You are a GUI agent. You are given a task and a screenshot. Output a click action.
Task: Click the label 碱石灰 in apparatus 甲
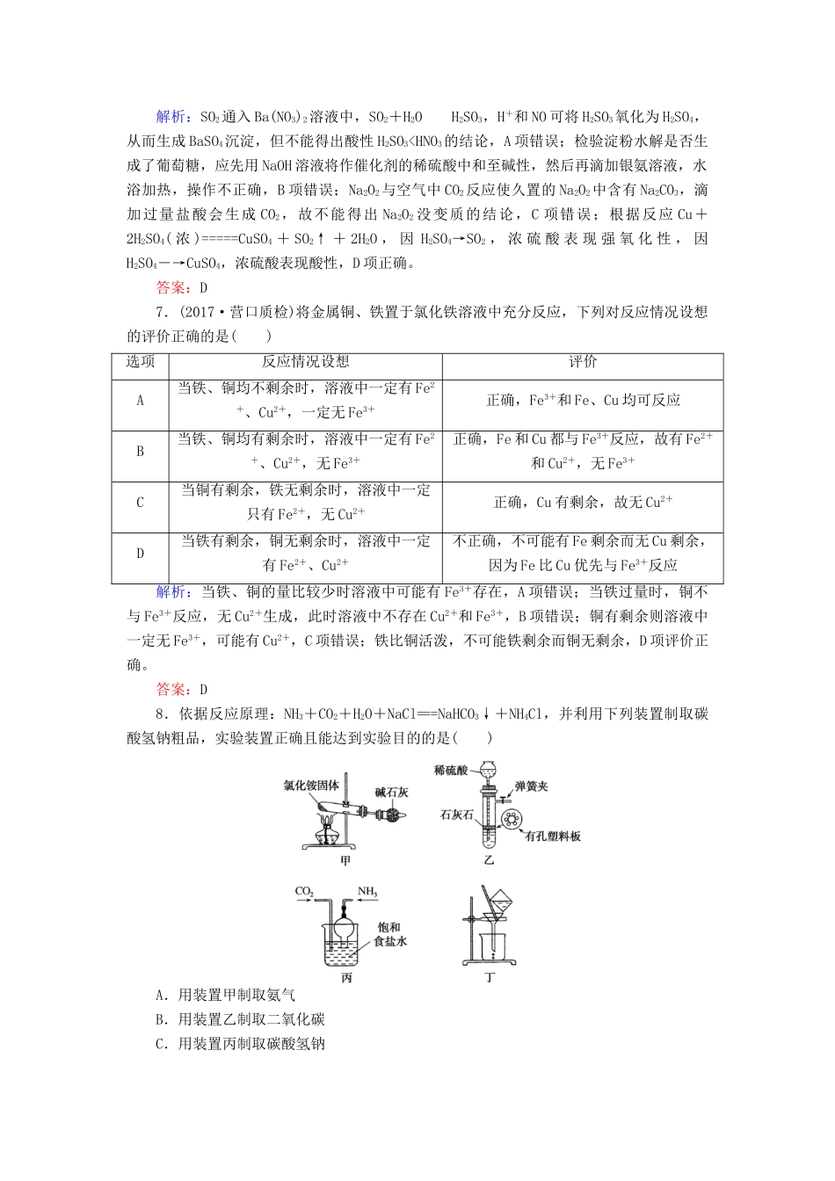point(391,792)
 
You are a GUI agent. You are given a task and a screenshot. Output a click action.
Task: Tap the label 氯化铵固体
point(311,786)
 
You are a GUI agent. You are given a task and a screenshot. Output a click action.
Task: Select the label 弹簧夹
point(532,786)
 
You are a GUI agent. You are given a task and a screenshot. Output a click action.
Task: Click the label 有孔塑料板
point(552,837)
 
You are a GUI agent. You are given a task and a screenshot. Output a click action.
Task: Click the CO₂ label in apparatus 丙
point(304,893)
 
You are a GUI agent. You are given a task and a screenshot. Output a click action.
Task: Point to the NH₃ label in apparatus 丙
point(367,893)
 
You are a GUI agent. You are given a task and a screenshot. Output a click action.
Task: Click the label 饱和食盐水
point(388,934)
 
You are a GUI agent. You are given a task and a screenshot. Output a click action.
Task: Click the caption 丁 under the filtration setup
point(490,977)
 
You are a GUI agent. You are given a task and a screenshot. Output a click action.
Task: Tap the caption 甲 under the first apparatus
point(345,861)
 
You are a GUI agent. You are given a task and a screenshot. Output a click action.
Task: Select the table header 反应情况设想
point(305,362)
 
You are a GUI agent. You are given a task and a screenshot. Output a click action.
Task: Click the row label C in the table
point(140,503)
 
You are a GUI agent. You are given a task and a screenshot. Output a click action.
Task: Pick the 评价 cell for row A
point(583,401)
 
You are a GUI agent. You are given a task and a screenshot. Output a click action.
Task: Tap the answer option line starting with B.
point(240,1019)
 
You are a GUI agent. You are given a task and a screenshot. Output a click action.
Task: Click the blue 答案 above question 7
point(171,287)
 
